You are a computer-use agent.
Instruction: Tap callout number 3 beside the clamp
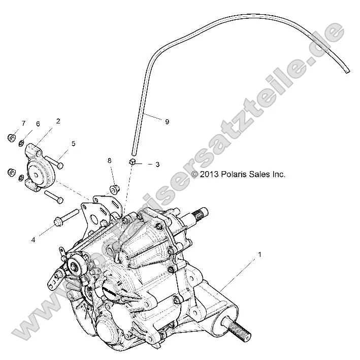click(x=157, y=165)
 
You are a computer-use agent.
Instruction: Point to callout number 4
click(x=34, y=239)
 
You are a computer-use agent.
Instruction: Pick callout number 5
click(x=73, y=144)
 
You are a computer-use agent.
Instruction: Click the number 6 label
click(x=37, y=124)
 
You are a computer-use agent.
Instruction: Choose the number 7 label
click(x=23, y=124)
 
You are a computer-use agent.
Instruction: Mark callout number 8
click(x=109, y=161)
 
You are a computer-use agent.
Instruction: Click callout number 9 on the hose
click(x=167, y=121)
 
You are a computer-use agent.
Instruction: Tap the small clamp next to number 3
click(x=132, y=161)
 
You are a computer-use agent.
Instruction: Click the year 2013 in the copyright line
click(x=209, y=174)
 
